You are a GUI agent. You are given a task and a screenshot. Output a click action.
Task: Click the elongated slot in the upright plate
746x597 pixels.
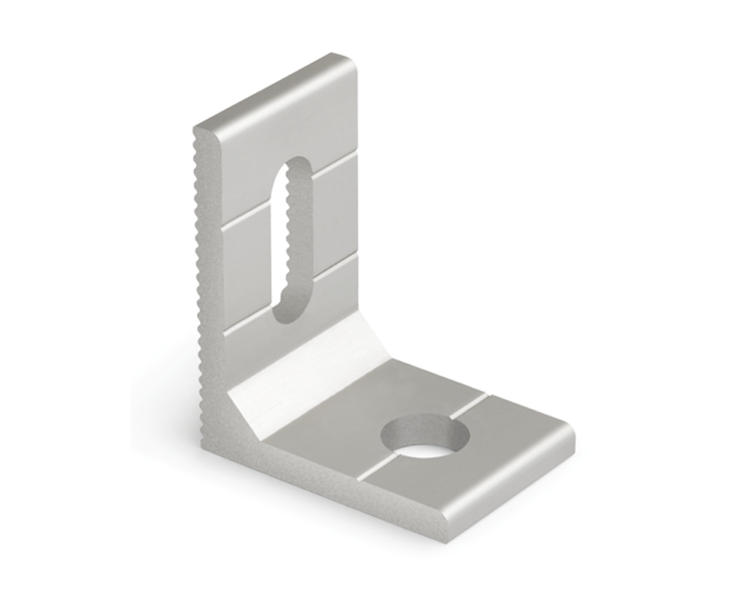[292, 239]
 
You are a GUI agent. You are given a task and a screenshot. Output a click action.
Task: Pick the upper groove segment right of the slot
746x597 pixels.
[333, 169]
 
